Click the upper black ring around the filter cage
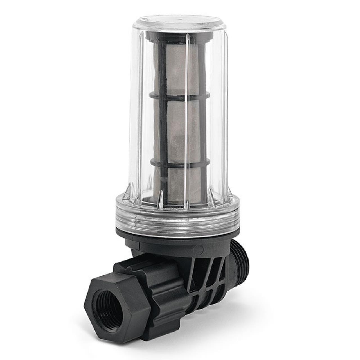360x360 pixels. click(x=180, y=97)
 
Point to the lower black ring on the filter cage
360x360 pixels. click(x=180, y=163)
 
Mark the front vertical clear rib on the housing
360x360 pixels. click(x=187, y=118)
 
